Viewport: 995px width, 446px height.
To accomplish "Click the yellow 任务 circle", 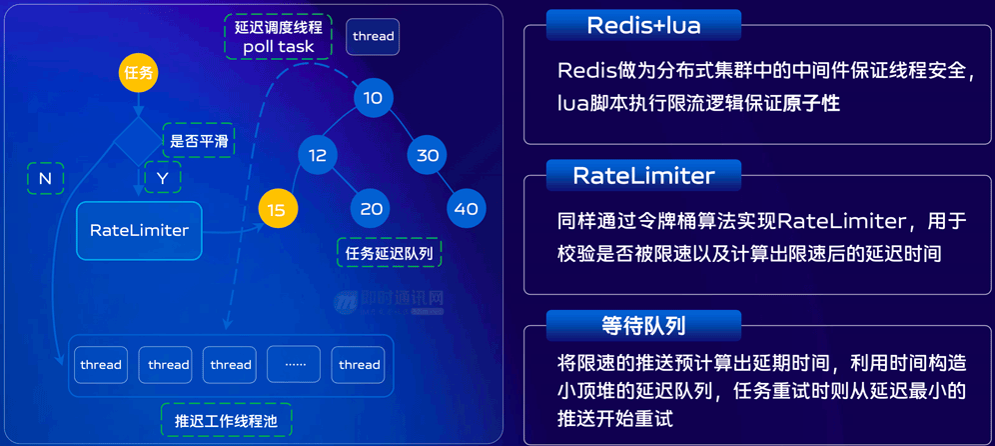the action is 139,72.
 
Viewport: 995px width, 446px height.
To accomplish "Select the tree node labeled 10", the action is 373,98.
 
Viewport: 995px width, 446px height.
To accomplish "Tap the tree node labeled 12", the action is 318,155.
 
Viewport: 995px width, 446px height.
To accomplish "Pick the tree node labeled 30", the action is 428,155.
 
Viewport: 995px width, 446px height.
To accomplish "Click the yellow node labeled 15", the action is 277,209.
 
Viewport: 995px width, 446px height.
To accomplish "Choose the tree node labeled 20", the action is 372,209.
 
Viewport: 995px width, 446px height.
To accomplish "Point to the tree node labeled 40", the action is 466,209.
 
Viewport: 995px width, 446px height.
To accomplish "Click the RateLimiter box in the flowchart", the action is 139,230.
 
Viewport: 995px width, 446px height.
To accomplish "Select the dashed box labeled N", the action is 45,178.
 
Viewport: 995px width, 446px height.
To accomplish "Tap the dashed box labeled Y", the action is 163,178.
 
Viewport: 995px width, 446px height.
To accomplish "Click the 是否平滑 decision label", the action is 199,141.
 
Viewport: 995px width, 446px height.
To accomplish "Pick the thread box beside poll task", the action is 373,37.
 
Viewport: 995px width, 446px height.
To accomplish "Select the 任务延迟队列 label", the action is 389,254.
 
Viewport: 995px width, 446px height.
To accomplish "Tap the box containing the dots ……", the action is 295,365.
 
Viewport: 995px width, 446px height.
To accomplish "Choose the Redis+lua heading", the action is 643,25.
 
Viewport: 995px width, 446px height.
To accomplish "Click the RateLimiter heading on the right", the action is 643,176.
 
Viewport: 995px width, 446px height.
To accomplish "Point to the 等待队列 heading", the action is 643,325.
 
